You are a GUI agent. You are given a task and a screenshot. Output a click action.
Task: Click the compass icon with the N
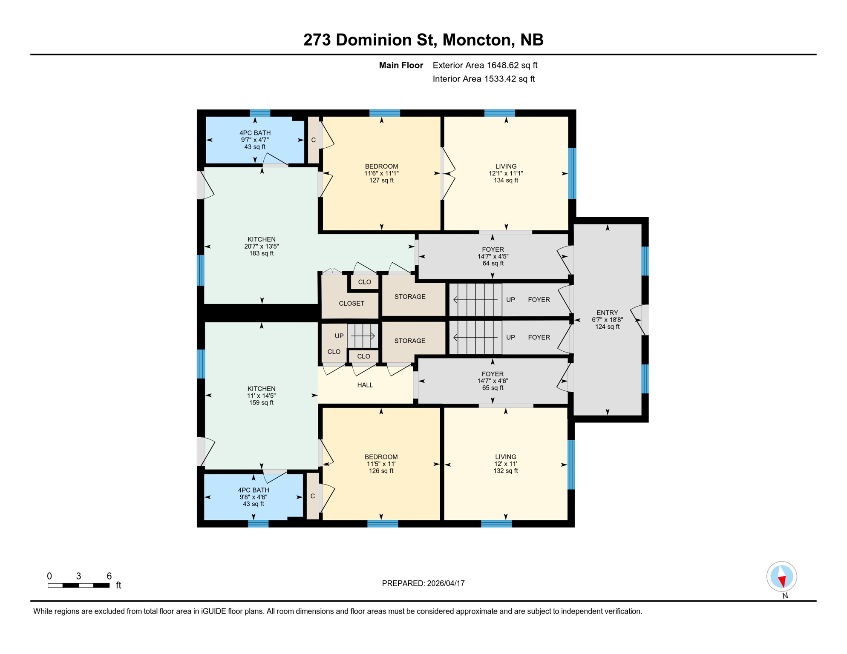781,577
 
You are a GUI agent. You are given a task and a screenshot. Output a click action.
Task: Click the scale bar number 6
109,576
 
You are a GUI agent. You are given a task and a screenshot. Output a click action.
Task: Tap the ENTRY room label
607,319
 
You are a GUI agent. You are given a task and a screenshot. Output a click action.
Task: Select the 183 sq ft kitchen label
262,246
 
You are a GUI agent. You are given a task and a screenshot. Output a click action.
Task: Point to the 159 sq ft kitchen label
262,396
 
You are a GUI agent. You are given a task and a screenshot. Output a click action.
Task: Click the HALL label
365,385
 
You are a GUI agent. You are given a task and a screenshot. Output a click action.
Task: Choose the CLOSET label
351,303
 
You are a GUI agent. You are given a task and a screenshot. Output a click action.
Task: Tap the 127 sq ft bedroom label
381,173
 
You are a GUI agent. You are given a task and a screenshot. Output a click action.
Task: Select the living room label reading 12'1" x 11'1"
506,173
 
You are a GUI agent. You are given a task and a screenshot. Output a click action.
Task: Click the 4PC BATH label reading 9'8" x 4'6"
254,497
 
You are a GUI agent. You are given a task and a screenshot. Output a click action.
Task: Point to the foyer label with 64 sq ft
493,256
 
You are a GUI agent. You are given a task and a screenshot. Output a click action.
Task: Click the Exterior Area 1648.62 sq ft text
485,65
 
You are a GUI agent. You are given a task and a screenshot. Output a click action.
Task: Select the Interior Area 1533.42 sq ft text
484,79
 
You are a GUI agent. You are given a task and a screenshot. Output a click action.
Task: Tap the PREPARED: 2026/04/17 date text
423,583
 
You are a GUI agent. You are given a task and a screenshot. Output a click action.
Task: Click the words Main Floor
401,65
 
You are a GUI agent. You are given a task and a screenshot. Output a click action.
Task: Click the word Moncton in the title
477,40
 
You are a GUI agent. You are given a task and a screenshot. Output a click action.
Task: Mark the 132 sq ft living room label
506,464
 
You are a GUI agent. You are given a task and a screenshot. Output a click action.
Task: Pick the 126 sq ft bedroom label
381,464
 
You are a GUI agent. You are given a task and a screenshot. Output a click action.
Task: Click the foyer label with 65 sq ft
493,381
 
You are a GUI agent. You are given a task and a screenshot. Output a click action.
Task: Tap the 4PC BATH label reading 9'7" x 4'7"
255,140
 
